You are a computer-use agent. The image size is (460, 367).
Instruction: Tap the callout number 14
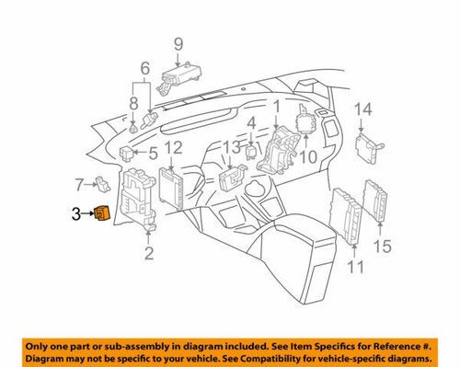pos(363,109)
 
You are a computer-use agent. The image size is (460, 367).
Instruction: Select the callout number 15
pos(382,246)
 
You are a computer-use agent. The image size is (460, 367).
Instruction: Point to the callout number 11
pos(355,267)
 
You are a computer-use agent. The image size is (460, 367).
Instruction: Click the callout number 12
pos(173,147)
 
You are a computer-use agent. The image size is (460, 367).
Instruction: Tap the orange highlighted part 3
pos(101,214)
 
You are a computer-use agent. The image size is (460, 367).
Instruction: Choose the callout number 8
pos(135,104)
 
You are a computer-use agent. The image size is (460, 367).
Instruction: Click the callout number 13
pos(232,147)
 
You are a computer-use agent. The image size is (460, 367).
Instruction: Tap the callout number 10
pos(307,157)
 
